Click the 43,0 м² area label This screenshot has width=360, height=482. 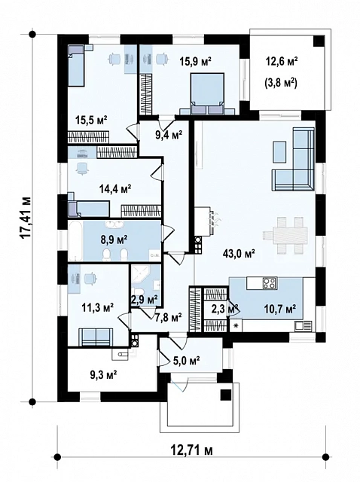(239, 254)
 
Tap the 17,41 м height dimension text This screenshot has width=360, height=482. (26, 218)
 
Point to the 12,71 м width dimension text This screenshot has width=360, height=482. (191, 450)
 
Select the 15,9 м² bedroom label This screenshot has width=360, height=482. (196, 62)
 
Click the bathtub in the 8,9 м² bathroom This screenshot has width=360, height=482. (75, 241)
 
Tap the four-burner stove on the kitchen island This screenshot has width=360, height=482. (270, 283)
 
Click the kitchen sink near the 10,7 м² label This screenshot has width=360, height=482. (303, 325)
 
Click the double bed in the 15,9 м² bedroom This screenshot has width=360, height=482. (206, 93)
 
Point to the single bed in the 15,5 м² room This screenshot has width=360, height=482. (76, 66)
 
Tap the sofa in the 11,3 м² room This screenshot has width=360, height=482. (96, 337)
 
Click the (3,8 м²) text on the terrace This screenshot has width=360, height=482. (280, 83)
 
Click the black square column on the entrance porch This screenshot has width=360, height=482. (226, 395)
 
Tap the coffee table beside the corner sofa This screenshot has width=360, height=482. (279, 151)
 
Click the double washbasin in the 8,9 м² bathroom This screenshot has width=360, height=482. (114, 224)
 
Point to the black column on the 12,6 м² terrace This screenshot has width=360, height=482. (319, 41)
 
